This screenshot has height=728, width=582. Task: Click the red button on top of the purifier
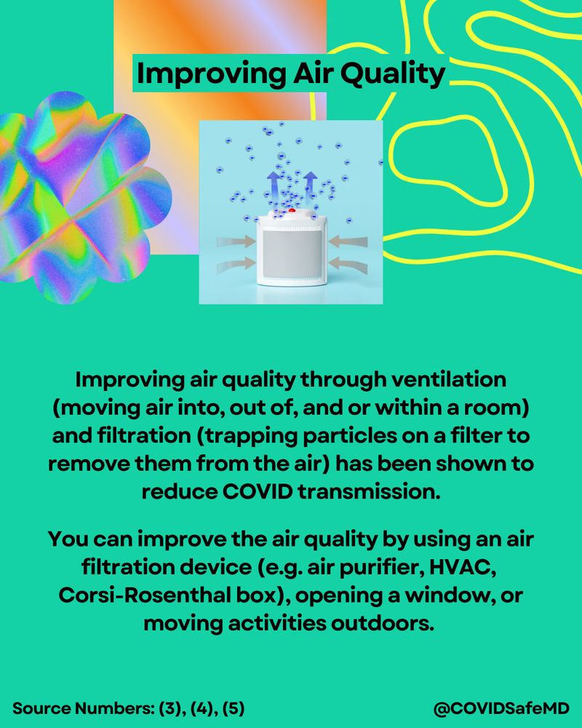point(291,211)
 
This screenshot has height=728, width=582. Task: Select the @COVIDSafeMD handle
point(501,707)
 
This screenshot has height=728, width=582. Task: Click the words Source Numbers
point(82,707)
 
